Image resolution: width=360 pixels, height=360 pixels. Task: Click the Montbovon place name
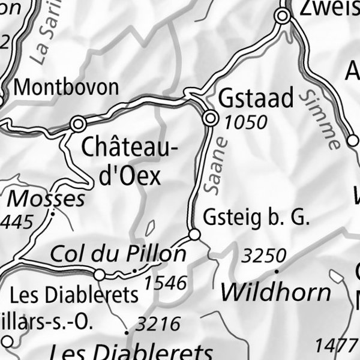pyautogui.click(x=66, y=87)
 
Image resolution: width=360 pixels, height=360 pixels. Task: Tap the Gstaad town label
pyautogui.click(x=257, y=97)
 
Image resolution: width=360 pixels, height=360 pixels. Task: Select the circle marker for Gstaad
pyautogui.click(x=211, y=119)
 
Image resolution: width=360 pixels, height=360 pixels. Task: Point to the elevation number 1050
pyautogui.click(x=245, y=122)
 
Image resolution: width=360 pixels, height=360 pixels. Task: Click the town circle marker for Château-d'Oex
pyautogui.click(x=77, y=124)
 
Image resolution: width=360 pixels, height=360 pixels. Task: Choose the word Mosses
pyautogui.click(x=46, y=199)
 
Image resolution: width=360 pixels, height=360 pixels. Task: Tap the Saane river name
pyautogui.click(x=216, y=166)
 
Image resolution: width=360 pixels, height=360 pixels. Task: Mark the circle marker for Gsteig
pyautogui.click(x=194, y=234)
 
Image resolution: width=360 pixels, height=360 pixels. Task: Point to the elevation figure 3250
pyautogui.click(x=264, y=256)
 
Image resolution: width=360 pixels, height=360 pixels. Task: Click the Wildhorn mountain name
pyautogui.click(x=275, y=292)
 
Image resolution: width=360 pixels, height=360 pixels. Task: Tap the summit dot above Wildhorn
pyautogui.click(x=277, y=271)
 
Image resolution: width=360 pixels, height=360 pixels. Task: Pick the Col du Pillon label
pyautogui.click(x=118, y=254)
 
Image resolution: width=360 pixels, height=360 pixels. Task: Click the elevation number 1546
pyautogui.click(x=166, y=282)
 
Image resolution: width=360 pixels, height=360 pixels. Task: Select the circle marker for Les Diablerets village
pyautogui.click(x=100, y=274)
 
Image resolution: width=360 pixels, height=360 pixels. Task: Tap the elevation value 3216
pyautogui.click(x=158, y=325)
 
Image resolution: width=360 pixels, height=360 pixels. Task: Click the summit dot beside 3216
pyautogui.click(x=127, y=332)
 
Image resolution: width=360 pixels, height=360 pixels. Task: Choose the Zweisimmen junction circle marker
pyautogui.click(x=283, y=18)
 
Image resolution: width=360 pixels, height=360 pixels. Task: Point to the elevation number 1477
pyautogui.click(x=335, y=346)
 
